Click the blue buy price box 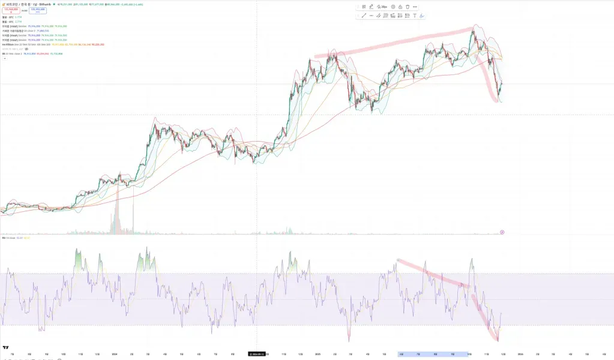point(37,11)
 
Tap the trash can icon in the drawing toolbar point(408,7)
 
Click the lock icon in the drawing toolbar point(400,7)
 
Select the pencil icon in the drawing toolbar point(371,7)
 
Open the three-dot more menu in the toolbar point(415,7)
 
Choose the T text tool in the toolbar point(415,16)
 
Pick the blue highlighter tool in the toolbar point(422,16)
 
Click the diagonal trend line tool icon point(364,16)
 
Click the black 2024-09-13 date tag point(256,354)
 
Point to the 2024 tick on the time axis point(114,354)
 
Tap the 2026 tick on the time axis point(520,354)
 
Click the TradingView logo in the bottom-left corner point(5,347)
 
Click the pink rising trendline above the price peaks point(396,42)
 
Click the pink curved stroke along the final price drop point(494,84)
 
